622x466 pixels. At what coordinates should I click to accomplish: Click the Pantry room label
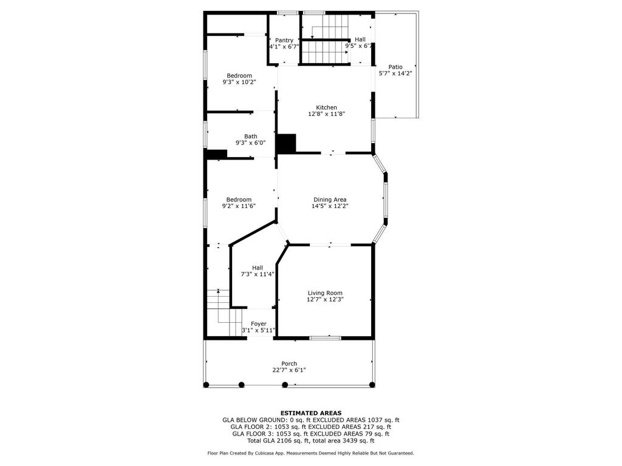284,40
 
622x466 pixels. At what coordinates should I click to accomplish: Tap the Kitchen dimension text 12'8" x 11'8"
326,114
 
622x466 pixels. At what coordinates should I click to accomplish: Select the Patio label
395,67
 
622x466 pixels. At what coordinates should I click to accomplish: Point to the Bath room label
251,137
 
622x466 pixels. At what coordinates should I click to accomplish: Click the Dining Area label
330,200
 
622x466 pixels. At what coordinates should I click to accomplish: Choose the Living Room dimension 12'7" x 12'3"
325,300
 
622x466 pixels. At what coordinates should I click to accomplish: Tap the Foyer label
259,324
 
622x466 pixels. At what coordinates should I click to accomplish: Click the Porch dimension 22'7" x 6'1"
289,370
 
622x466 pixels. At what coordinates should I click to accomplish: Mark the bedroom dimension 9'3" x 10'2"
239,82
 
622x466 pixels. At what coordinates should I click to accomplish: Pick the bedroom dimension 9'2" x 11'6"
239,206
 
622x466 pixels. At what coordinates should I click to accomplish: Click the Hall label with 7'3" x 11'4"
258,268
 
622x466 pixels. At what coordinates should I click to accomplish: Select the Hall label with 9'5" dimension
360,39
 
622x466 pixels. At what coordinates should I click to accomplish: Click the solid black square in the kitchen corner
286,143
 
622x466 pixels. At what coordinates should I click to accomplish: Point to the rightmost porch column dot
372,384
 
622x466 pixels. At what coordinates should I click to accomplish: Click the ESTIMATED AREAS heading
311,413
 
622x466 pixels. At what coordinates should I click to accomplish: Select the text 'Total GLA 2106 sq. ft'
279,441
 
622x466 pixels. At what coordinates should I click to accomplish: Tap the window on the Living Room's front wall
326,338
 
